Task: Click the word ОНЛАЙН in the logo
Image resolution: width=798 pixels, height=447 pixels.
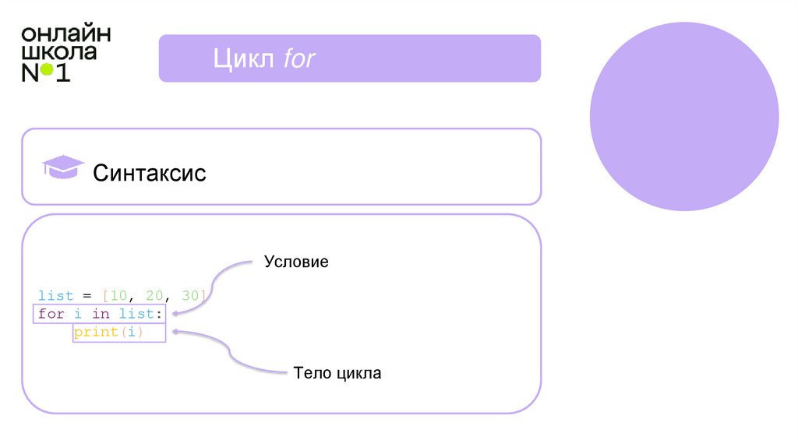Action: coord(66,34)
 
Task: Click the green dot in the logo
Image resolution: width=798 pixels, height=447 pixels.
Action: coord(47,70)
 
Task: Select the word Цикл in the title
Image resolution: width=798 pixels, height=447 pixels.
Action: coord(237,58)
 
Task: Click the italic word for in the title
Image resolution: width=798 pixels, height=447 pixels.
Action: coord(298,58)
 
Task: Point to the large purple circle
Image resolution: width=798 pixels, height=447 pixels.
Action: coord(684,116)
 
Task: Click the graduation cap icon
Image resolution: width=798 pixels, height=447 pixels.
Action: coord(62,167)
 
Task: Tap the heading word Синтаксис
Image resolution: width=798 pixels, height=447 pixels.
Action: coord(150,172)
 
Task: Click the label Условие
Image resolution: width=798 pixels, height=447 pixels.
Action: coord(296,262)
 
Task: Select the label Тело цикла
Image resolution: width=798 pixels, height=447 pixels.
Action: coord(337,373)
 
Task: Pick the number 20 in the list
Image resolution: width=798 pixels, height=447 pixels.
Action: coord(154,296)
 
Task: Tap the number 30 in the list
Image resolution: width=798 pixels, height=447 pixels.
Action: coord(190,296)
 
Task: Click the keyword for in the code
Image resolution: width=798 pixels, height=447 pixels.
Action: coord(51,314)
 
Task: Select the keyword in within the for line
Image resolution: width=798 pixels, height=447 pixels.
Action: coord(101,314)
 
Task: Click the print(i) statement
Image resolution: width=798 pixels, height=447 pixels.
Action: coord(118,333)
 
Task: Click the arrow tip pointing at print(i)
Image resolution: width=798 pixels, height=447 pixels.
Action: coord(173,332)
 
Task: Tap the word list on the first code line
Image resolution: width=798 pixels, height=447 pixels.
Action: coord(55,296)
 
